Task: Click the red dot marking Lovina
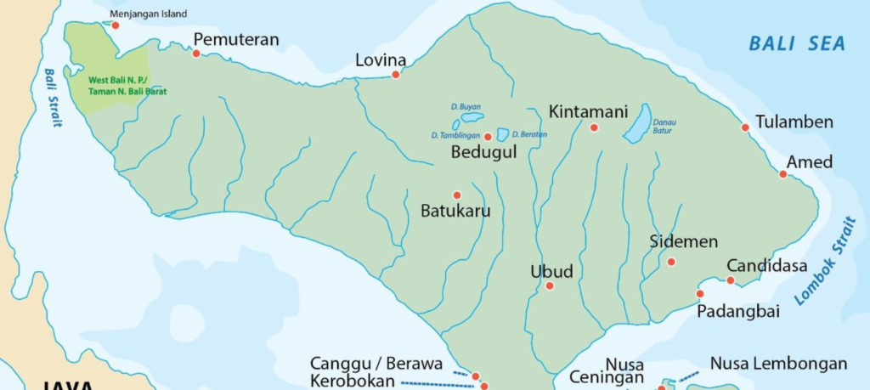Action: pyautogui.click(x=395, y=75)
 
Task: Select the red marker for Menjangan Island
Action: pyautogui.click(x=116, y=25)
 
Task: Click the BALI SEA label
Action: pyautogui.click(x=797, y=43)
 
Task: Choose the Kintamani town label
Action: pyautogui.click(x=588, y=112)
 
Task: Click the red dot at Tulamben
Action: pyautogui.click(x=745, y=128)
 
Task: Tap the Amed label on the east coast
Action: pyautogui.click(x=809, y=161)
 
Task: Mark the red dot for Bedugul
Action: pyautogui.click(x=488, y=137)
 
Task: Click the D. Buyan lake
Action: pyautogui.click(x=472, y=117)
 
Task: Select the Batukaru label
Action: pyautogui.click(x=455, y=211)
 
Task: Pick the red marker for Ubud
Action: pyautogui.click(x=550, y=285)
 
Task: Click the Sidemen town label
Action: pyautogui.click(x=683, y=241)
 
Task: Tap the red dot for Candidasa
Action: pyautogui.click(x=730, y=280)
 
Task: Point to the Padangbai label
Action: pyautogui.click(x=737, y=312)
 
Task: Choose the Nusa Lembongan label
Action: pyautogui.click(x=778, y=364)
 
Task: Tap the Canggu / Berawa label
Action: pyautogui.click(x=376, y=364)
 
